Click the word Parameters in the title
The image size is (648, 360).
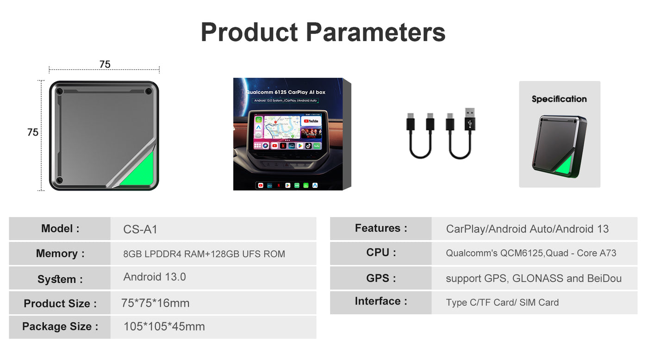375,32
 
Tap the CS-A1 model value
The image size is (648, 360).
140,230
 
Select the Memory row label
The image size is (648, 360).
60,254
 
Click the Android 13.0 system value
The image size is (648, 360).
155,277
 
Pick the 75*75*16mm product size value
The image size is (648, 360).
156,304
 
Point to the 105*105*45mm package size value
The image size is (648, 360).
164,327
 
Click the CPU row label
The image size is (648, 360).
381,253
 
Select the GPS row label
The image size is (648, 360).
381,278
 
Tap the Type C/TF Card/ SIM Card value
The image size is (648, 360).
502,303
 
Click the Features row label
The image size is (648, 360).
381,228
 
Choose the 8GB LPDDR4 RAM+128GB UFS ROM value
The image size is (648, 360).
204,254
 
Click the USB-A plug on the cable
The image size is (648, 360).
469,119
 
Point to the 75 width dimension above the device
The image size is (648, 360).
105,64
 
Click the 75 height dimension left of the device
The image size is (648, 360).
33,132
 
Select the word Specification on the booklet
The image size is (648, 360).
559,99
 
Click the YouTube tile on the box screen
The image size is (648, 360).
311,121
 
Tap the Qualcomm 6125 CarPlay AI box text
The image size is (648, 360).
286,93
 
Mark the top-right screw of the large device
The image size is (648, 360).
148,91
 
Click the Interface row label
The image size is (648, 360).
381,301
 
